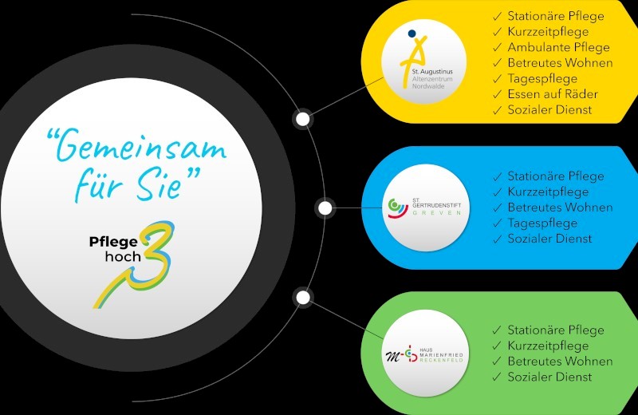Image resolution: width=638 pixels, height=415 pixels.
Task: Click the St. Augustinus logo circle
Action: pyautogui.click(x=423, y=61)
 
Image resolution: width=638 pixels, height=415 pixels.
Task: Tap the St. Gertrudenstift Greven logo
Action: pyautogui.click(x=426, y=207)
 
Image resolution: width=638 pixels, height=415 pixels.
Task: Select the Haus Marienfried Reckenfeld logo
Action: pyautogui.click(x=425, y=354)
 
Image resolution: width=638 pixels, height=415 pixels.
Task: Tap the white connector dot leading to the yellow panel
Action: pyautogui.click(x=303, y=120)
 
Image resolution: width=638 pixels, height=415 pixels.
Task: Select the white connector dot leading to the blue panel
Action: pyautogui.click(x=325, y=208)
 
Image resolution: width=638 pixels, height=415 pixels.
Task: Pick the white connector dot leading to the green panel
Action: pyautogui.click(x=303, y=298)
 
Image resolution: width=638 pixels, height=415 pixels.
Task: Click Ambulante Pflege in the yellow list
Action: pyautogui.click(x=558, y=47)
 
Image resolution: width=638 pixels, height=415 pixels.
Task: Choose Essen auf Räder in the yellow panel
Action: pyautogui.click(x=553, y=94)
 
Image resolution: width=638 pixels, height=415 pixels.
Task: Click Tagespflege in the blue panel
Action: pyautogui.click(x=542, y=223)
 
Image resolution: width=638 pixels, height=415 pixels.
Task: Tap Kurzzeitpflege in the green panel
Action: pyautogui.click(x=548, y=346)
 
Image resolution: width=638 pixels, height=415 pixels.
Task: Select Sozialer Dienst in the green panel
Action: pyautogui.click(x=549, y=377)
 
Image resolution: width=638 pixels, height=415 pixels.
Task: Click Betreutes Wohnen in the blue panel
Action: pyautogui.click(x=560, y=207)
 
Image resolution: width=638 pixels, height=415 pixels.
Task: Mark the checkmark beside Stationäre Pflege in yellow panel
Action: pyautogui.click(x=497, y=17)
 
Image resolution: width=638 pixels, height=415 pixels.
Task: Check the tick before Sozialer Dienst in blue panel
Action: pyautogui.click(x=497, y=239)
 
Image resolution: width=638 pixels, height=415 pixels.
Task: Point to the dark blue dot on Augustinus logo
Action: pyautogui.click(x=412, y=33)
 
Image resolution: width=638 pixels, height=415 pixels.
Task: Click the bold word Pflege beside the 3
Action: pyautogui.click(x=113, y=243)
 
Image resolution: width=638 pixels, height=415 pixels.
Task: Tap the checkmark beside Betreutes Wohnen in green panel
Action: pyautogui.click(x=497, y=362)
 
